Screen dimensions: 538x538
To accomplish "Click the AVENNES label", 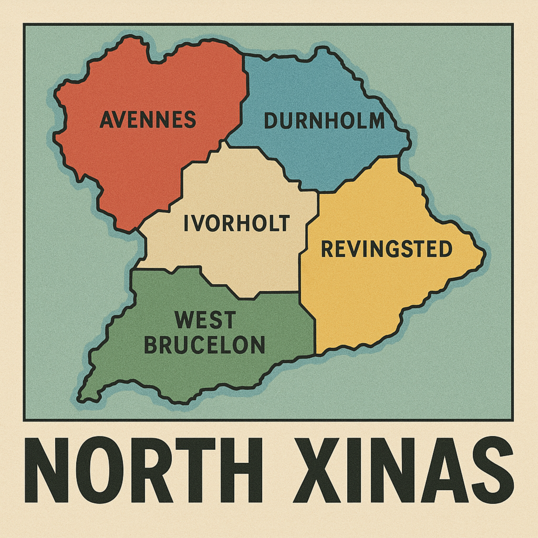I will click(x=148, y=120).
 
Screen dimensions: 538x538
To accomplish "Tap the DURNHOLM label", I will click(x=324, y=121).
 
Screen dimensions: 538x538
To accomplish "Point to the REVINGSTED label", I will click(x=386, y=249).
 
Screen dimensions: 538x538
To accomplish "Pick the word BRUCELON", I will click(x=204, y=344).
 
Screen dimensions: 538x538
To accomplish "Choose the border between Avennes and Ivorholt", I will click(x=182, y=181).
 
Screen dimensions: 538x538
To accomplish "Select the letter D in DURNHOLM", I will click(x=270, y=121).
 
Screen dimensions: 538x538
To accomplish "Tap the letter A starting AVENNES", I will click(x=106, y=120).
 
